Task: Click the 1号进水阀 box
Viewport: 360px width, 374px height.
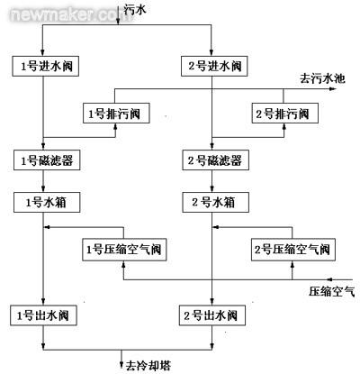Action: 46,66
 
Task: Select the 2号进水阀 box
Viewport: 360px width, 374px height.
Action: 214,66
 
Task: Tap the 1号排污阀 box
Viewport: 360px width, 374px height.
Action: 116,114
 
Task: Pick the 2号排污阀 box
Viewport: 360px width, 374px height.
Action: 284,114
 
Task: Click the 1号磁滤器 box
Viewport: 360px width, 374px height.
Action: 47,160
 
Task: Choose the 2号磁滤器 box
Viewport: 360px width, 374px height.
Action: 216,160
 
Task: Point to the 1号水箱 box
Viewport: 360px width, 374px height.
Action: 47,203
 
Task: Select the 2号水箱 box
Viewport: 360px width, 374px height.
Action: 216,203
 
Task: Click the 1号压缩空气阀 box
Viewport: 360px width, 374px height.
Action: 124,250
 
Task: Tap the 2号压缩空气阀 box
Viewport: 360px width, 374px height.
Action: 293,250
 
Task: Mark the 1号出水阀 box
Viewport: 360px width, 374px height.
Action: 43,315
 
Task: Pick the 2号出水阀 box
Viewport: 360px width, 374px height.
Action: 212,315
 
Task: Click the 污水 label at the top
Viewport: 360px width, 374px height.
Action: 135,9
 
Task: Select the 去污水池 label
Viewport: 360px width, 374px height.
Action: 322,78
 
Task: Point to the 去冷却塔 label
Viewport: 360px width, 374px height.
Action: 148,365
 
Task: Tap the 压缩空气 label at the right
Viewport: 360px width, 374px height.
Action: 332,291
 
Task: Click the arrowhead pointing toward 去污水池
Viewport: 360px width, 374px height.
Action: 332,89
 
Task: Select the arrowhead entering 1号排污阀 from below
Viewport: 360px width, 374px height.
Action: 115,126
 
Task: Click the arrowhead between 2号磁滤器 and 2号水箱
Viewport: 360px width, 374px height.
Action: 212,189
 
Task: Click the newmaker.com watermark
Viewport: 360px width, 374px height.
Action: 71,14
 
